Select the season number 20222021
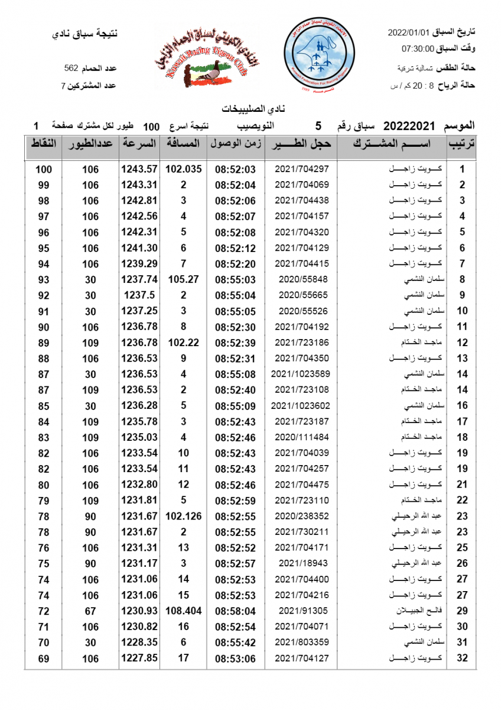(409, 126)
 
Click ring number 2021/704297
(302, 169)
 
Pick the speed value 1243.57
(139, 169)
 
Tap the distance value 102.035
(183, 169)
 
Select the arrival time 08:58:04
(235, 611)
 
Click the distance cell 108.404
(183, 611)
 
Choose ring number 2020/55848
(302, 279)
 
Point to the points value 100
(44, 169)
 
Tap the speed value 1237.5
(139, 295)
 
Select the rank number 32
(463, 658)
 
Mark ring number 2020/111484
(302, 437)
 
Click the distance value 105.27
(183, 279)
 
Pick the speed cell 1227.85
(139, 658)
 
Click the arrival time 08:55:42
(235, 642)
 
